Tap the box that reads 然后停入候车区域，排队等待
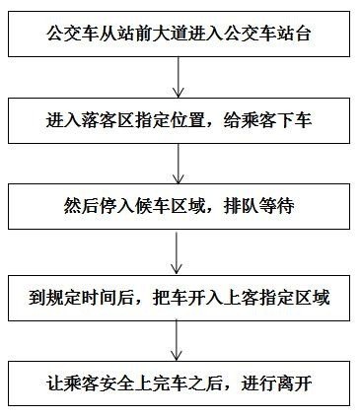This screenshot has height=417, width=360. click(179, 209)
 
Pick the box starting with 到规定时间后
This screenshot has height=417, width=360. click(179, 297)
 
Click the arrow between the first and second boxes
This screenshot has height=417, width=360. click(179, 77)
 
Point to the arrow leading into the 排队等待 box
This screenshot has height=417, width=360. click(179, 164)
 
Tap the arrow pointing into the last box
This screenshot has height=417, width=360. click(179, 340)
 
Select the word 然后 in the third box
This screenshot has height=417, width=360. click(79, 210)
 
